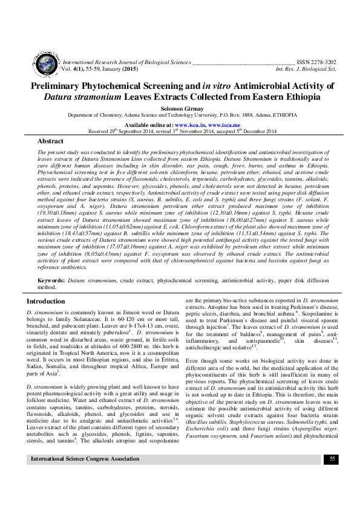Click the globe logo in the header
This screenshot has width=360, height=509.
[x=45, y=64]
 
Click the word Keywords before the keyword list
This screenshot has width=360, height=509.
[x=51, y=281]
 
